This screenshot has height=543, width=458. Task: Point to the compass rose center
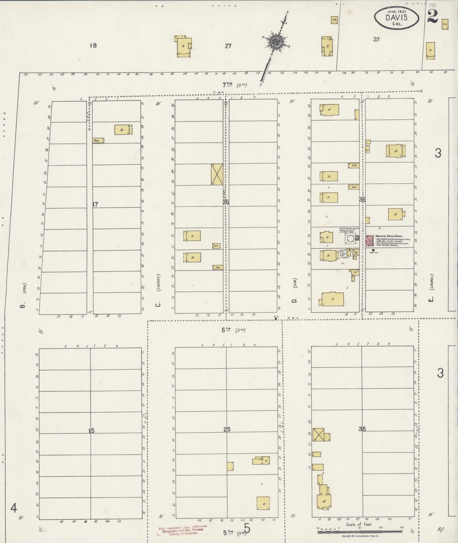point(275,42)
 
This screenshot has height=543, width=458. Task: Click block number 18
point(93,45)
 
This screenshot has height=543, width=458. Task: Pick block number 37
point(376,40)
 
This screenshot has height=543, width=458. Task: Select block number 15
point(92,431)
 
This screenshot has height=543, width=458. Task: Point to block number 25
point(227,430)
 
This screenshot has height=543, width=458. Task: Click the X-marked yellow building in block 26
point(217,174)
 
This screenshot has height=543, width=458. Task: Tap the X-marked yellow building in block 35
point(318,434)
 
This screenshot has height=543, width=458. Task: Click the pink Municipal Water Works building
point(369,240)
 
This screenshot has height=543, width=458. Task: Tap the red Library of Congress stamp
point(182,530)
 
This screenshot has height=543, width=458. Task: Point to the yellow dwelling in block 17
point(123,130)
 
